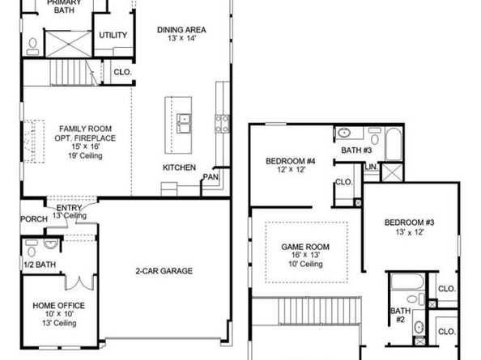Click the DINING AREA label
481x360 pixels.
coord(181,30)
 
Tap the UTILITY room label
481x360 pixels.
coord(112,36)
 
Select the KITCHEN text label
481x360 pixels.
coord(179,167)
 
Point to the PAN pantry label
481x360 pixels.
coord(211,176)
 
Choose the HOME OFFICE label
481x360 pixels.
coord(55,305)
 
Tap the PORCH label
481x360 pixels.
coord(33,218)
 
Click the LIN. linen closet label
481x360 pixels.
coord(372,167)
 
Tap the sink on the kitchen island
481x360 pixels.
coord(185,124)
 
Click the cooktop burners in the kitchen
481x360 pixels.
coord(220,123)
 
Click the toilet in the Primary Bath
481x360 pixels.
coord(33,43)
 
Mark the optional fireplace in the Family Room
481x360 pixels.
coord(32,132)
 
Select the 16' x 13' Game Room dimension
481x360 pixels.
coord(302,255)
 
